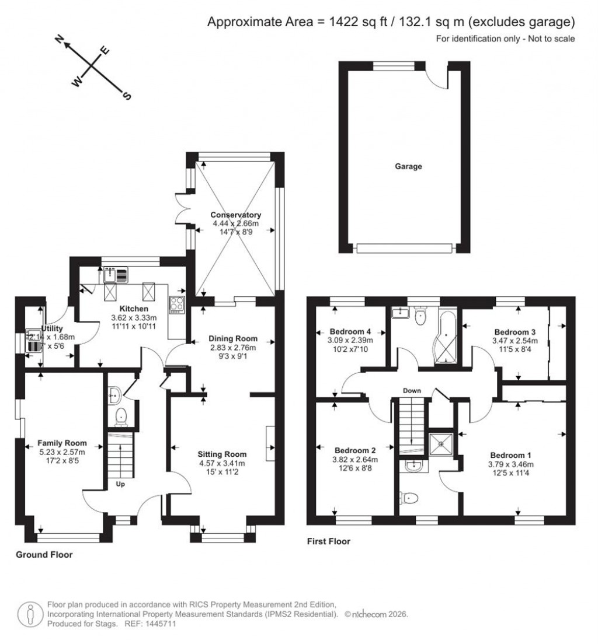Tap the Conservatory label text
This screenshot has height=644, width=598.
pyautogui.click(x=236, y=215)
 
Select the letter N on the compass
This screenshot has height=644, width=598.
pyautogui.click(x=59, y=40)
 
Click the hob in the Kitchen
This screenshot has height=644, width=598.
pyautogui.click(x=176, y=303)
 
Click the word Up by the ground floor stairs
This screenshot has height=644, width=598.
pyautogui.click(x=120, y=484)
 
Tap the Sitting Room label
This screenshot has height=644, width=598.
pyautogui.click(x=221, y=454)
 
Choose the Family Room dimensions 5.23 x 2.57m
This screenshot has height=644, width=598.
pyautogui.click(x=61, y=452)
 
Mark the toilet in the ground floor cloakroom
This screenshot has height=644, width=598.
pyautogui.click(x=121, y=416)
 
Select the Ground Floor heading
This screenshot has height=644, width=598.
pyautogui.click(x=44, y=555)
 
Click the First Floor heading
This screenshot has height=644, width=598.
pyautogui.click(x=329, y=541)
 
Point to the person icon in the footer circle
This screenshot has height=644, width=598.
pyautogui.click(x=30, y=615)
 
